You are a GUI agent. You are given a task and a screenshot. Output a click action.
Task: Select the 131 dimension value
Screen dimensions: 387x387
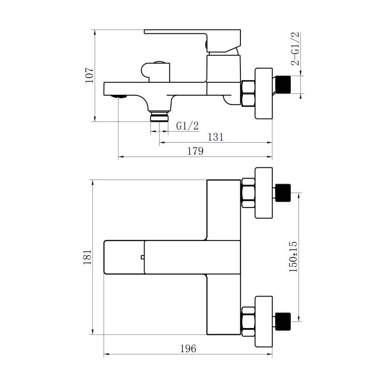click(x=215, y=137)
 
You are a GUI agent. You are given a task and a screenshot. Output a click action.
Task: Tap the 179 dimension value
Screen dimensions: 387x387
click(x=195, y=151)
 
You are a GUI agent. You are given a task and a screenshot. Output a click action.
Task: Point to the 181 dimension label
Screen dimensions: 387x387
click(x=87, y=257)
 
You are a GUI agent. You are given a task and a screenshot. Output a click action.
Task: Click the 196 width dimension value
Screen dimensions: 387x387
click(x=188, y=348)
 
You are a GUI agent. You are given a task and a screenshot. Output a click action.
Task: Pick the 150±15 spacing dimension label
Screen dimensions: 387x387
click(x=293, y=257)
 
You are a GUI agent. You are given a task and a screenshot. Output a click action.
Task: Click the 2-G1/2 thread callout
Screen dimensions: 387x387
click(x=296, y=48)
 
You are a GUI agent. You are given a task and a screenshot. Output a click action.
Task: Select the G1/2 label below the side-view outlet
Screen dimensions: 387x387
click(x=187, y=126)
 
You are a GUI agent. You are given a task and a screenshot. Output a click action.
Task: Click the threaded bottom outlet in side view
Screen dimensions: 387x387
click(x=159, y=117)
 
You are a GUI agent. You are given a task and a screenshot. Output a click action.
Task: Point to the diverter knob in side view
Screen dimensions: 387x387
click(x=156, y=71)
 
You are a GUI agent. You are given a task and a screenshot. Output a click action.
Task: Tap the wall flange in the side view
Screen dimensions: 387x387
click(x=263, y=93)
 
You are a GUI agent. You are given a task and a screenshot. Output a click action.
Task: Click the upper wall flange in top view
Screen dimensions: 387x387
click(x=263, y=193)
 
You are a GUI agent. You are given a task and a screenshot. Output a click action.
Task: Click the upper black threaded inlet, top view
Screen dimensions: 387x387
click(x=283, y=193)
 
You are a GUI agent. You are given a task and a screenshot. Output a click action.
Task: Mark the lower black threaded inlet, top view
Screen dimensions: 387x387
click(x=283, y=321)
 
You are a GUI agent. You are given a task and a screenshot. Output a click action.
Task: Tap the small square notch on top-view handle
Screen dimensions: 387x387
click(x=143, y=257)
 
